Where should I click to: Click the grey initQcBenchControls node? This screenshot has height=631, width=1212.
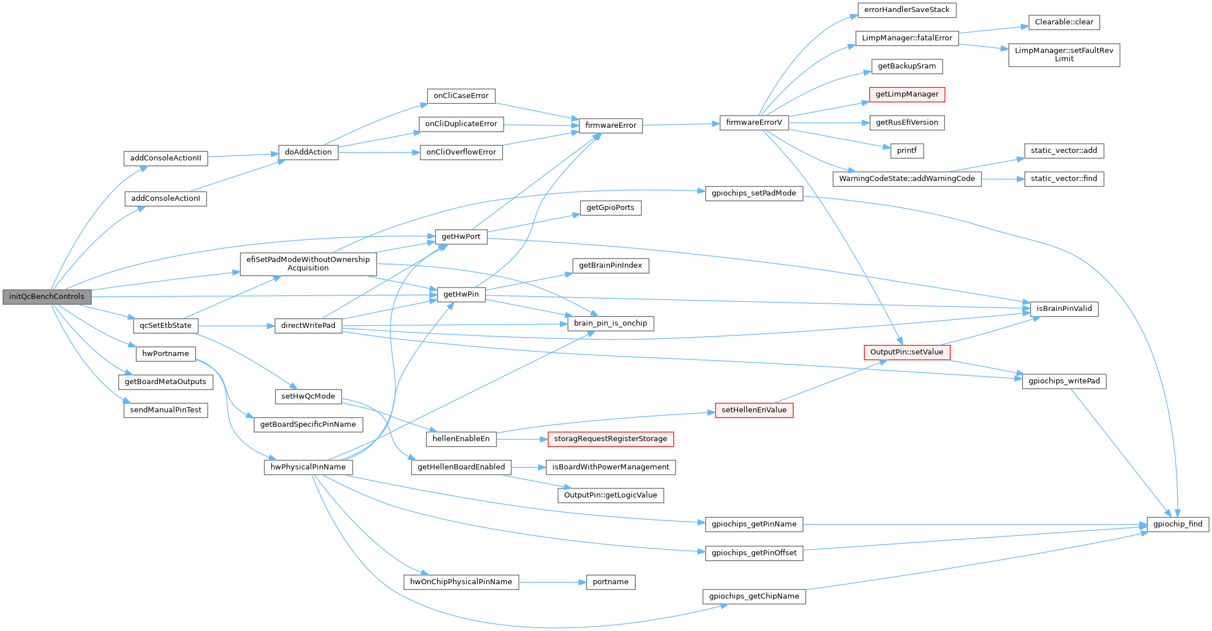(47, 297)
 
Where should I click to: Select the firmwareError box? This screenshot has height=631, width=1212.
(611, 126)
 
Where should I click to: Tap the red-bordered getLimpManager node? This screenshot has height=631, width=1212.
(907, 95)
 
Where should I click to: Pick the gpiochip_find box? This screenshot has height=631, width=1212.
(1178, 524)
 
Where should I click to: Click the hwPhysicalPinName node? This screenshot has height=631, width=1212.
(308, 467)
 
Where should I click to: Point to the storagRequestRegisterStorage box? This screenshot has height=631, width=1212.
(611, 439)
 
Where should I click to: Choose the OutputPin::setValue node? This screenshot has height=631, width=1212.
(907, 353)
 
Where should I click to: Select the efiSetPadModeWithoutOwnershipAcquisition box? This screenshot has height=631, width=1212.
(308, 264)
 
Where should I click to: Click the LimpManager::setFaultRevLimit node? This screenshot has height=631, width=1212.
(1064, 55)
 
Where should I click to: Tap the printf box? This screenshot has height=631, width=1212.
(907, 151)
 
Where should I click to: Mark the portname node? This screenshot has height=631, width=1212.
(611, 582)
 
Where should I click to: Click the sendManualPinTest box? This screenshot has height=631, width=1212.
(165, 410)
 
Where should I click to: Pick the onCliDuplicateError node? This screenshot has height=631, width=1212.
(461, 124)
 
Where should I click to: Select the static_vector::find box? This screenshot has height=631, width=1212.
(1064, 179)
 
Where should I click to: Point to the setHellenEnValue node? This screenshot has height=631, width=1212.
(754, 410)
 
